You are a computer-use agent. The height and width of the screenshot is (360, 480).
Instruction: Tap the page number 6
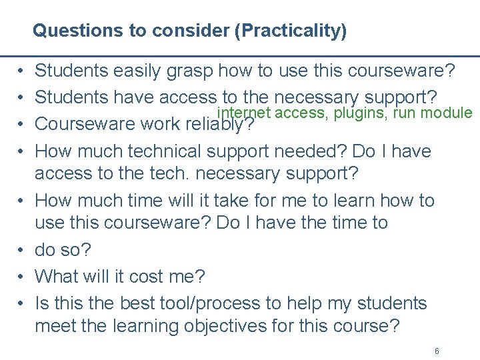[437, 351]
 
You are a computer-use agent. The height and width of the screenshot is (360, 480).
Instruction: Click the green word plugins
[362, 113]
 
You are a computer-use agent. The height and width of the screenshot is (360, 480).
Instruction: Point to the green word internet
[243, 113]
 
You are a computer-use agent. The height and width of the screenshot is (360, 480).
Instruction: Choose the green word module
[451, 113]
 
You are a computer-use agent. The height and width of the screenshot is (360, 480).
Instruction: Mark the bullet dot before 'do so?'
[21, 250]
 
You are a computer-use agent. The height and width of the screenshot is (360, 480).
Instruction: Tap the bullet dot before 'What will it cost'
[21, 276]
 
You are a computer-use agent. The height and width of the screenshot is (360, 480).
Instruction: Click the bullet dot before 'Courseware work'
[21, 124]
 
